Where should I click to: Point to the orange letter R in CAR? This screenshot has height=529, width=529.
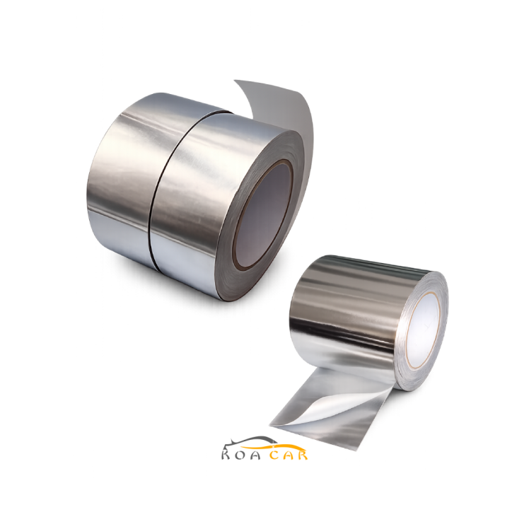pyautogui.click(x=301, y=455)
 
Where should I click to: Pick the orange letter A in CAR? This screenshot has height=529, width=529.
pyautogui.click(x=287, y=455)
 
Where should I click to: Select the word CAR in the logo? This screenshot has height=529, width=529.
pyautogui.click(x=287, y=455)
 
